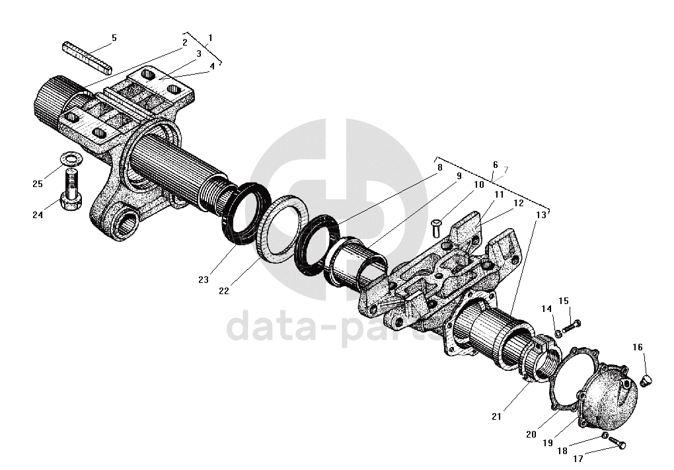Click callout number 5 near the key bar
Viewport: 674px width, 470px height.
(x=114, y=38)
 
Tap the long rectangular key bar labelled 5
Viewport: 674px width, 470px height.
(x=89, y=57)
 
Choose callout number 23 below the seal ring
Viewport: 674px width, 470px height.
(x=204, y=280)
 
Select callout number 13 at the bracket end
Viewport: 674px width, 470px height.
(x=541, y=215)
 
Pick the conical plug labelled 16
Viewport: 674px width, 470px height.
(x=648, y=379)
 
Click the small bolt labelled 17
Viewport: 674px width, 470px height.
(x=618, y=443)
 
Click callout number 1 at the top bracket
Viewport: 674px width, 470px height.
(x=210, y=38)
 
